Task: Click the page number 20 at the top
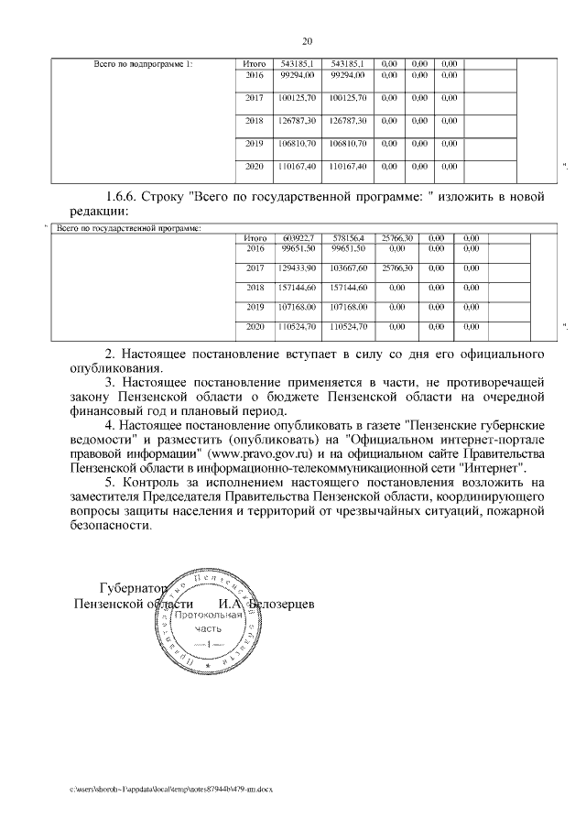[x=307, y=40]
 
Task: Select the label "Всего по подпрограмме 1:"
[x=144, y=63]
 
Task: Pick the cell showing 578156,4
[x=348, y=238]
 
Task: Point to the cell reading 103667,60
[x=348, y=267]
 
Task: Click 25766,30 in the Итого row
[x=397, y=238]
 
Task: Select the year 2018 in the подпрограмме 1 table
[x=255, y=120]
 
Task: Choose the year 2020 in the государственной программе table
[x=255, y=326]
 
